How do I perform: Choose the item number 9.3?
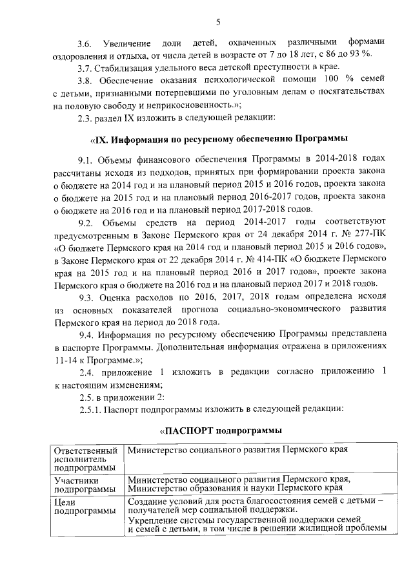click(x=86, y=297)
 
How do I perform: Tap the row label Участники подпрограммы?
click(x=81, y=484)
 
